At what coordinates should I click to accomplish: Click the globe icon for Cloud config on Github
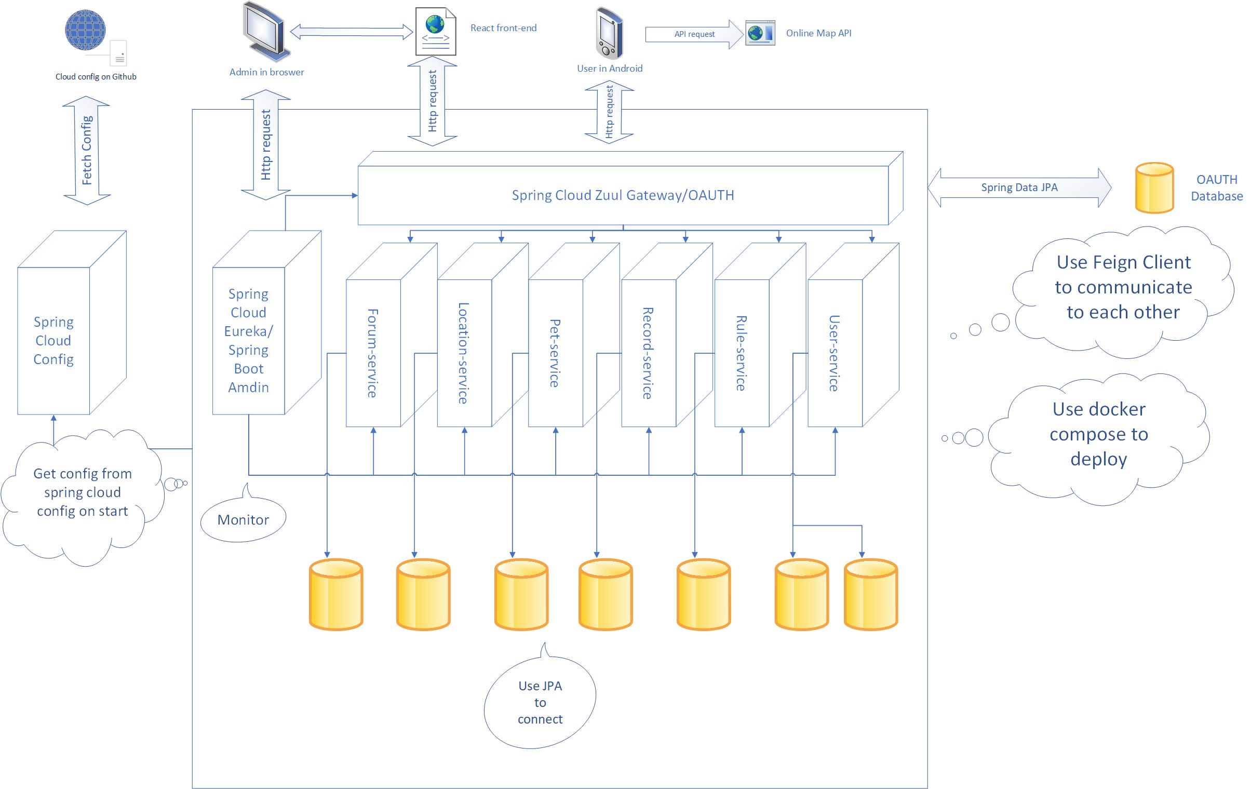tap(85, 30)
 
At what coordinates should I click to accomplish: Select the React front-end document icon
tap(435, 31)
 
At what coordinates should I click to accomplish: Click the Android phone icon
tap(609, 33)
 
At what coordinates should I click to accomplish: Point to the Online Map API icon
tap(760, 33)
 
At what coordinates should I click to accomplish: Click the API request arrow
tap(695, 34)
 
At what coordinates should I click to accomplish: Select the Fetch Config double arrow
tap(87, 150)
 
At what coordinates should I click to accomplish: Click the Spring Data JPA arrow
tap(1019, 188)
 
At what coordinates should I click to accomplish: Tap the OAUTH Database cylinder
tap(1154, 188)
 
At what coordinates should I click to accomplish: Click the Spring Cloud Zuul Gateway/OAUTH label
tap(623, 195)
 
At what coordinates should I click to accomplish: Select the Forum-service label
tap(372, 353)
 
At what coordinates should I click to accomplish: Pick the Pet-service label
tap(555, 353)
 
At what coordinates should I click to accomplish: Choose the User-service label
tap(835, 353)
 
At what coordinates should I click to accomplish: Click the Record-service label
tap(648, 353)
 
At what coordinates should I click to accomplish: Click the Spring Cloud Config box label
tap(53, 341)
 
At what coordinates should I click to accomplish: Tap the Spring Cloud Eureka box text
tap(248, 341)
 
